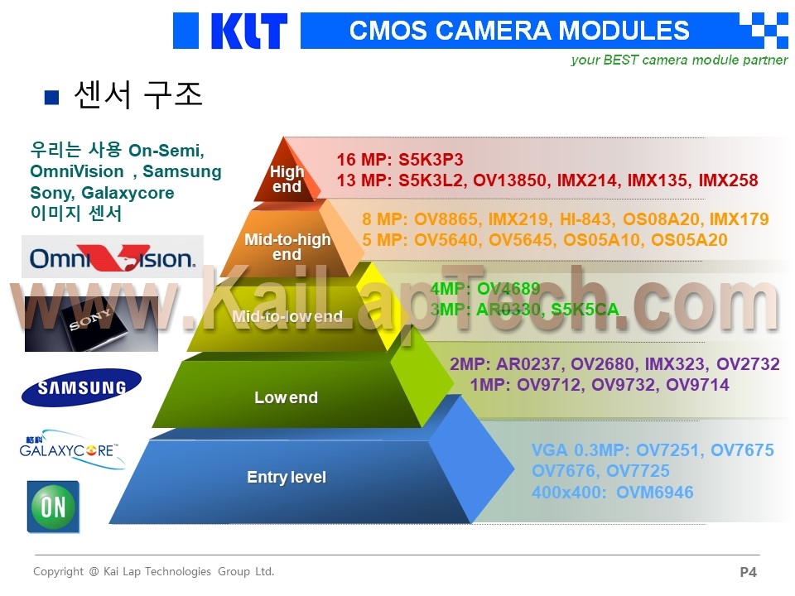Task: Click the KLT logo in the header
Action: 249,31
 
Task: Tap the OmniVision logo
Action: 113,257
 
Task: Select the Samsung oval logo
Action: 82,387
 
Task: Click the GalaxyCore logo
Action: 71,449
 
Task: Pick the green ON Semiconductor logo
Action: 53,507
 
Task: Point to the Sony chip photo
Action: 91,324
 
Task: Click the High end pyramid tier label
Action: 287,179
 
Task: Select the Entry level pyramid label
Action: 287,477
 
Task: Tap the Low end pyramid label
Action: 286,397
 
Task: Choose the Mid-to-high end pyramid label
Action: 287,247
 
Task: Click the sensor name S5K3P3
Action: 431,160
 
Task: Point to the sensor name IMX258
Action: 728,180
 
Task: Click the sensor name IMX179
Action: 740,219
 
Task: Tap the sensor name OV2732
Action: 748,364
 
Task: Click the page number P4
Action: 749,572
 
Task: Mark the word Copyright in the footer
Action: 58,572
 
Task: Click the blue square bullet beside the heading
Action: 51,97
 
